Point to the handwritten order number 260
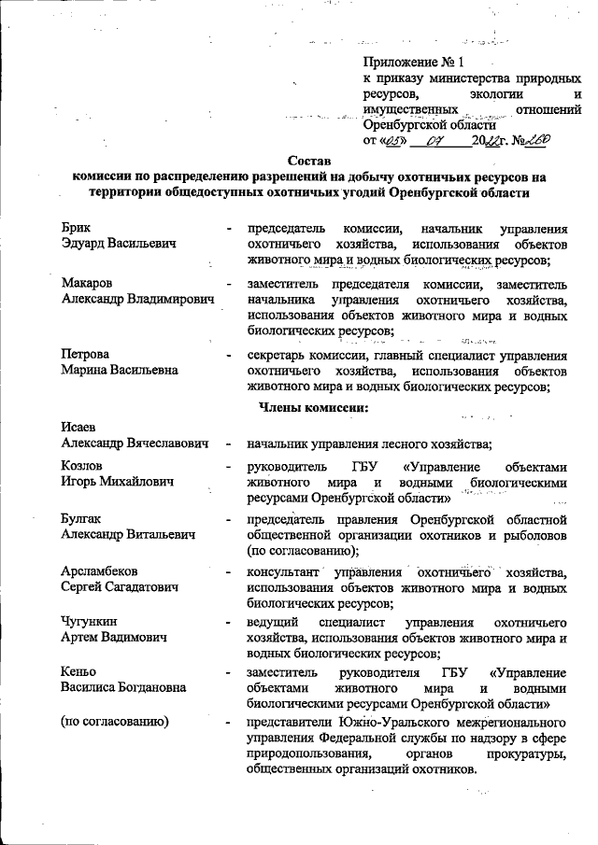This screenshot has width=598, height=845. [x=536, y=139]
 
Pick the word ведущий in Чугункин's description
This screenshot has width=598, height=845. [x=273, y=622]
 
